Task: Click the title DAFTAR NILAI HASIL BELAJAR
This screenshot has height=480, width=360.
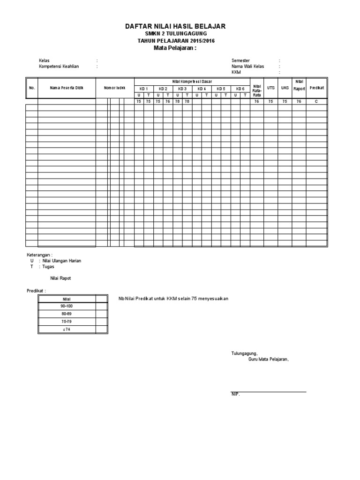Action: click(175, 27)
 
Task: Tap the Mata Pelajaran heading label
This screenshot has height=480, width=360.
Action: click(175, 48)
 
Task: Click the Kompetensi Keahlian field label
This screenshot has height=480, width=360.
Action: click(59, 67)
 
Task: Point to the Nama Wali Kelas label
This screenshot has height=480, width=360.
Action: click(247, 67)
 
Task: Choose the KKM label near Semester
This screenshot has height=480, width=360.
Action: click(236, 73)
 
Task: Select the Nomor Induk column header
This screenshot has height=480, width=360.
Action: click(115, 88)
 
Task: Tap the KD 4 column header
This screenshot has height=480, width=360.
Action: click(202, 89)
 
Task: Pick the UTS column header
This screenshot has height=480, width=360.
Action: click(270, 88)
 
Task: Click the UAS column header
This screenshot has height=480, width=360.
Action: click(285, 88)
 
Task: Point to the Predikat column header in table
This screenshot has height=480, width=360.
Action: click(317, 88)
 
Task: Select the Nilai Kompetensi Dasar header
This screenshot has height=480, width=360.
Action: click(192, 82)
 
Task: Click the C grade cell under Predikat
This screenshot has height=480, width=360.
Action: click(316, 101)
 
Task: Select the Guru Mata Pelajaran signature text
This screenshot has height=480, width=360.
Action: click(268, 360)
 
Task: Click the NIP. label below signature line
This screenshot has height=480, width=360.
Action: click(235, 395)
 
